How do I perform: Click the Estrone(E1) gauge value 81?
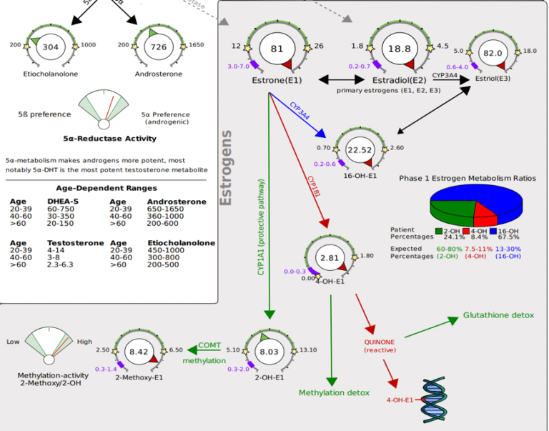click(277, 49)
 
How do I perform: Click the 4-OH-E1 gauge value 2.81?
click(329, 258)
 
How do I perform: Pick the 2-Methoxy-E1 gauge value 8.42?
click(138, 351)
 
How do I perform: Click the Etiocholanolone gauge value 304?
click(50, 47)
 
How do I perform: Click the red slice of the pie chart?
click(484, 212)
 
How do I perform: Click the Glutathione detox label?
click(498, 315)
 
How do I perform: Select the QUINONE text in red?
click(380, 342)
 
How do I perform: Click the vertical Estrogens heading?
click(227, 167)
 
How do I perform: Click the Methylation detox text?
click(334, 393)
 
